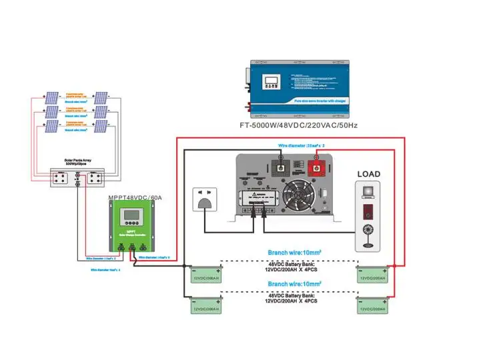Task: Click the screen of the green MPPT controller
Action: point(133,218)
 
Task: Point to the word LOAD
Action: point(368,174)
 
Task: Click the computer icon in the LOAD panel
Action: point(368,192)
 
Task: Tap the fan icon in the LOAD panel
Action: point(368,235)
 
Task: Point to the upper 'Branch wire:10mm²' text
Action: point(294,253)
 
